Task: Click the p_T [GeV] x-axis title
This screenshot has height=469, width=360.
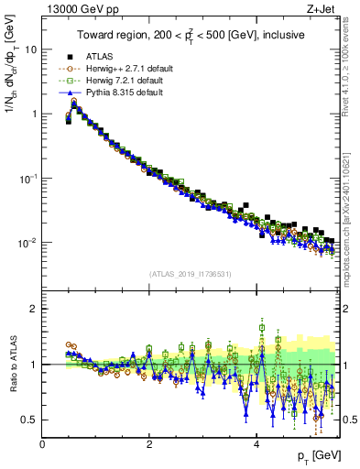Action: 318,455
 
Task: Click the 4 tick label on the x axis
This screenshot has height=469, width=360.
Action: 256,443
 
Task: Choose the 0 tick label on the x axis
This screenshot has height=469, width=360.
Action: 43,443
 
